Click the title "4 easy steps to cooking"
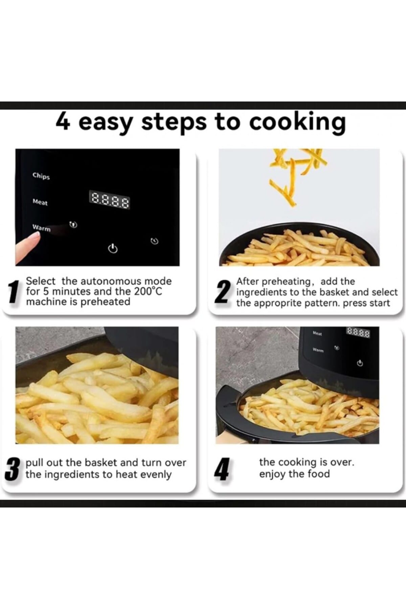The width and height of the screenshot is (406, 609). pos(201,123)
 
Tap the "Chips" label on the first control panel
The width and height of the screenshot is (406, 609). pos(41,176)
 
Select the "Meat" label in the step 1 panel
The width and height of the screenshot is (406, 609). pos(40,202)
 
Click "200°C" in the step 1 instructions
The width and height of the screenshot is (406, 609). pos(148,291)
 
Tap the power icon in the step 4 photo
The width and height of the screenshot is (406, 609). pos(360,363)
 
